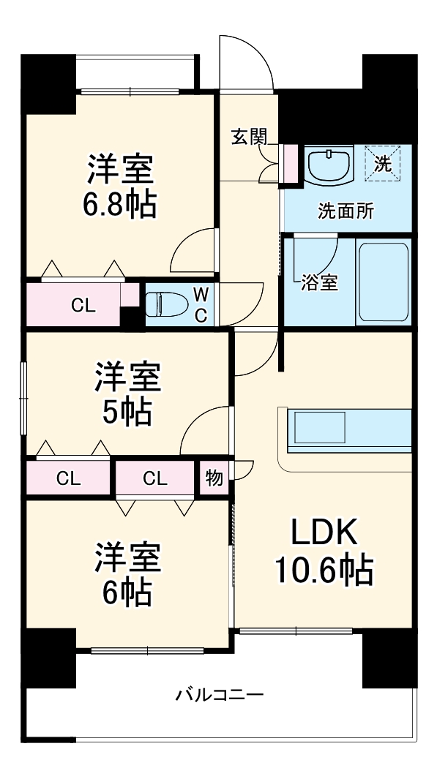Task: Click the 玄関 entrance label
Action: click(x=248, y=136)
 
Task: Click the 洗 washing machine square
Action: click(x=384, y=163)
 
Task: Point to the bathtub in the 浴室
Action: click(x=383, y=282)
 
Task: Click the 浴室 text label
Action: click(x=319, y=283)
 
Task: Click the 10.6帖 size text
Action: click(x=324, y=570)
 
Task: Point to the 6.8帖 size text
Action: click(x=119, y=205)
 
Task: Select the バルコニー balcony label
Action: click(x=219, y=694)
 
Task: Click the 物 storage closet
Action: click(x=214, y=478)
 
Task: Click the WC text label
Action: click(x=201, y=304)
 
